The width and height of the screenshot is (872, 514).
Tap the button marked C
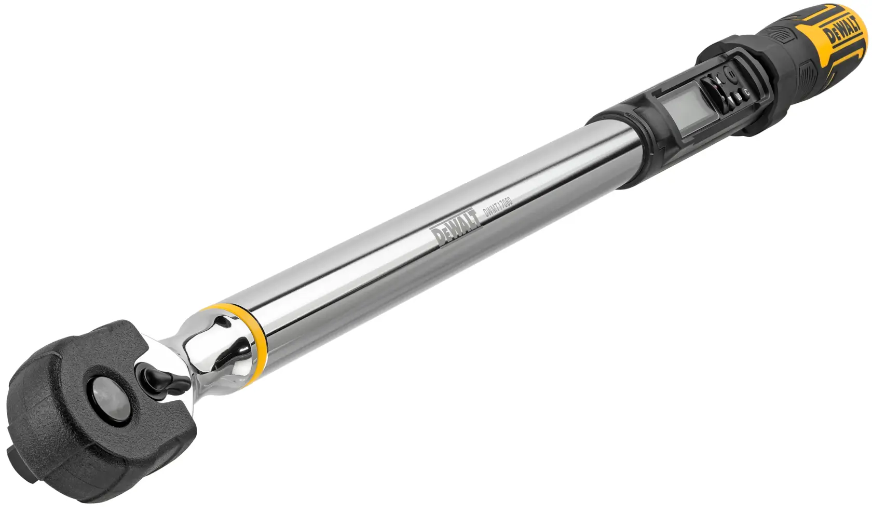746,92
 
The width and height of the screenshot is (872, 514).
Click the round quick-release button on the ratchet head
103,391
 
